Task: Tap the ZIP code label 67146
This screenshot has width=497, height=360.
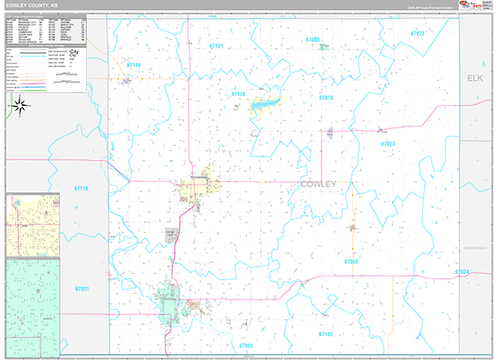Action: (134, 64)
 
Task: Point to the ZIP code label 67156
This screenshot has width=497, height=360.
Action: (239, 95)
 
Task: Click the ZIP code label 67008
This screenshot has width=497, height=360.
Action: (312, 39)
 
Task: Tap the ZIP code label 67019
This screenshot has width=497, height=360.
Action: (326, 98)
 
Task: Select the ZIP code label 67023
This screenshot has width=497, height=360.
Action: (388, 144)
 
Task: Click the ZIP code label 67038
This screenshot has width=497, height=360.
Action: (351, 262)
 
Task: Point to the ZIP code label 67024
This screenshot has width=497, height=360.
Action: (461, 272)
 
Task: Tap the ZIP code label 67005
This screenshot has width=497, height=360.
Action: (246, 345)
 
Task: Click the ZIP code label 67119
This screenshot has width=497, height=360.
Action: (81, 189)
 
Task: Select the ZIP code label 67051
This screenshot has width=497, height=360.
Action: (81, 289)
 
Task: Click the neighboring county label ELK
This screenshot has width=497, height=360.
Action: (474, 78)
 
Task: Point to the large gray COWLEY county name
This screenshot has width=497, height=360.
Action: (318, 185)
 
